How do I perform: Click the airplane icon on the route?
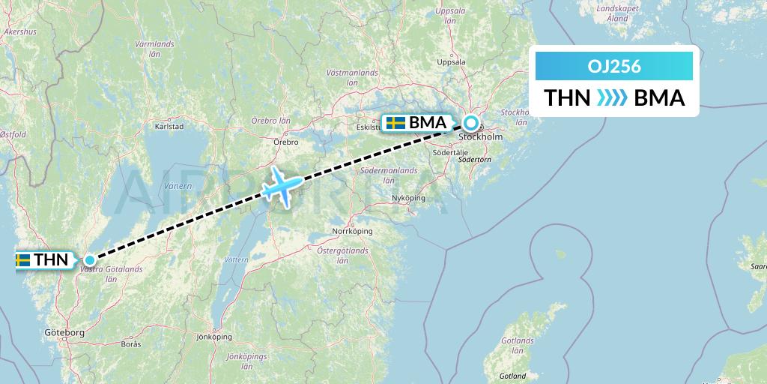point(282,184)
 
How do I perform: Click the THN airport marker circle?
point(90,260)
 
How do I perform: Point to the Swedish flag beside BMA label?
point(395,123)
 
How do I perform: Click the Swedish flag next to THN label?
point(22,260)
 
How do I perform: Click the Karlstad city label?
point(169,127)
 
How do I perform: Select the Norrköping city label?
point(352,231)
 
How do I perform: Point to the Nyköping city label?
point(408,198)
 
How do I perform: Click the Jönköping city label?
point(213,337)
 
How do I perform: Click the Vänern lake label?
point(180,185)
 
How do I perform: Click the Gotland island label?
point(512,376)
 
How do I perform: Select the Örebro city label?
point(286,142)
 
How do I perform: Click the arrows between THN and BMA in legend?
point(612,98)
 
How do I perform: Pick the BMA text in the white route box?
point(659,98)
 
